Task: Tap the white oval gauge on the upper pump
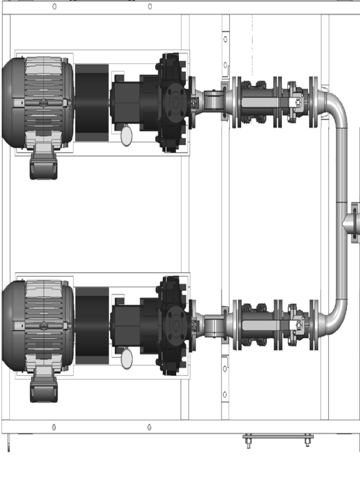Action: click(127, 136)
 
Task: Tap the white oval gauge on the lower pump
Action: click(127, 359)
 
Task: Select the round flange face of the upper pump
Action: click(176, 102)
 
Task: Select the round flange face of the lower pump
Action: click(176, 324)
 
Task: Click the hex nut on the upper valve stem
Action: click(298, 102)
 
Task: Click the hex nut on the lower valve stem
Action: click(298, 324)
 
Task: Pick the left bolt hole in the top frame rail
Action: click(54, 6)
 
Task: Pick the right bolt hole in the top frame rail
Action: click(150, 6)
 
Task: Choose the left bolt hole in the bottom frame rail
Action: click(54, 427)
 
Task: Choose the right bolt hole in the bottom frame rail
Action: click(150, 427)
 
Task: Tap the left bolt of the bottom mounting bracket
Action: click(248, 442)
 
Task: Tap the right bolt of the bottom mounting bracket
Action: click(307, 442)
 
